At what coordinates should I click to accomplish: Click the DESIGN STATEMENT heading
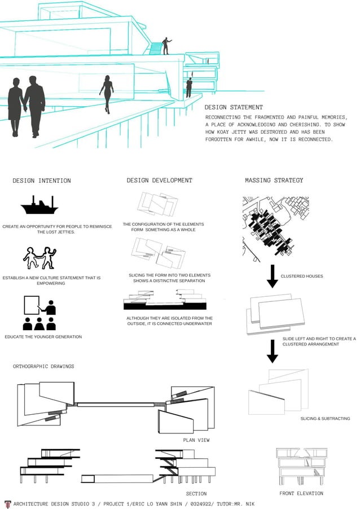(233, 107)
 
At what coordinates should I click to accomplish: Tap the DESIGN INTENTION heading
(42, 181)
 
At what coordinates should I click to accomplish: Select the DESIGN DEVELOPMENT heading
(159, 181)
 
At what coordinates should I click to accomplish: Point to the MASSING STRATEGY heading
(274, 181)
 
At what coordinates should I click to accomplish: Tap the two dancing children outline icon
(39, 258)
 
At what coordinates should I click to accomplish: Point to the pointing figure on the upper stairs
(166, 46)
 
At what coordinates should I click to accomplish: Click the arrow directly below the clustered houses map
(273, 276)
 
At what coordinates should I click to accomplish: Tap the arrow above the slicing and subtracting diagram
(273, 350)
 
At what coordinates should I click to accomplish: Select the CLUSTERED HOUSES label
(302, 277)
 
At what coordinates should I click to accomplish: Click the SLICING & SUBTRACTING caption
(325, 419)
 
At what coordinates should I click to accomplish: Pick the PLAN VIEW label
(196, 440)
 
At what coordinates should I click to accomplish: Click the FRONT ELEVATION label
(301, 494)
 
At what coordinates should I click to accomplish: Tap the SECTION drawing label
(196, 494)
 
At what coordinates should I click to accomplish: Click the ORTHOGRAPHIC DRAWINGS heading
(43, 366)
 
